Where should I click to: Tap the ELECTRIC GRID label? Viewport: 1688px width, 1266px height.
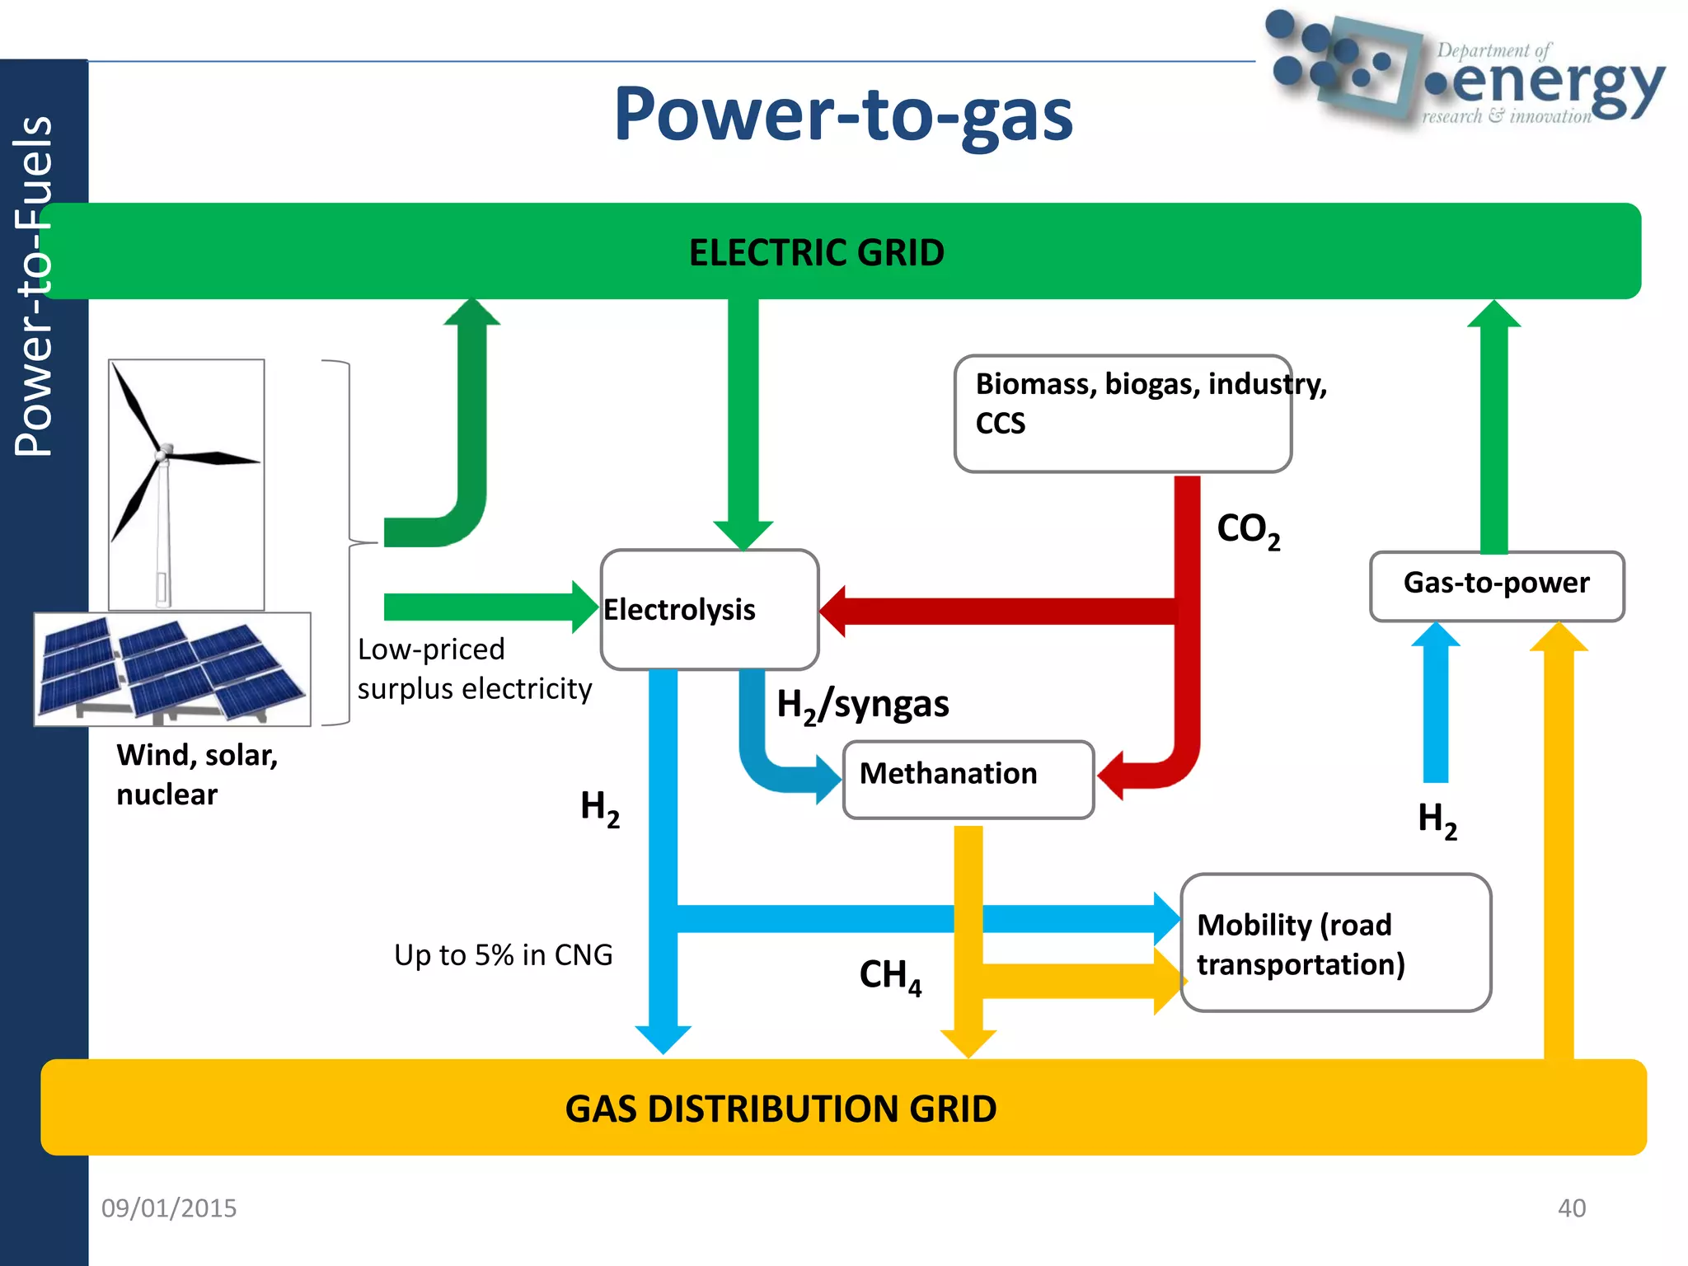[x=816, y=252]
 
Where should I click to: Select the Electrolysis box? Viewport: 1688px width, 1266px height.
[x=709, y=610]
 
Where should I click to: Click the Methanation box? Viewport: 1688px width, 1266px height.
[x=968, y=779]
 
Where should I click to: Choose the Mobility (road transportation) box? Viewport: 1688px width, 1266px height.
[x=1334, y=943]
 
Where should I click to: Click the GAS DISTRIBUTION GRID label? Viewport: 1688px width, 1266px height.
[x=781, y=1109]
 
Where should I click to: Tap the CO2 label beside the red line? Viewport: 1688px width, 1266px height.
[x=1248, y=529]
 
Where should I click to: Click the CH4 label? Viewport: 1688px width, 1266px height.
[x=890, y=976]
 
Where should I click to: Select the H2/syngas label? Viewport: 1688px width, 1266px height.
[x=862, y=706]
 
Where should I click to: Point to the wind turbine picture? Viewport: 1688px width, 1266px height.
[x=186, y=484]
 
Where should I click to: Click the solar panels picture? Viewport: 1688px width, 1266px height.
[x=172, y=668]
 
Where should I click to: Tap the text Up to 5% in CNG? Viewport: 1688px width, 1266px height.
[x=503, y=954]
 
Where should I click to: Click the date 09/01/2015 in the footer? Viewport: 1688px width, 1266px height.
[x=169, y=1207]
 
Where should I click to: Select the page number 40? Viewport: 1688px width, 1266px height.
[x=1571, y=1207]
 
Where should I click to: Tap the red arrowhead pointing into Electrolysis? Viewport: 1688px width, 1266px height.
[x=834, y=611]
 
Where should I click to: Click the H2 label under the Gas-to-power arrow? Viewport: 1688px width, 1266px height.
[x=1437, y=820]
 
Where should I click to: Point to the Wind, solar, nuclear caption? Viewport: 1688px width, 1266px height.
[x=197, y=774]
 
